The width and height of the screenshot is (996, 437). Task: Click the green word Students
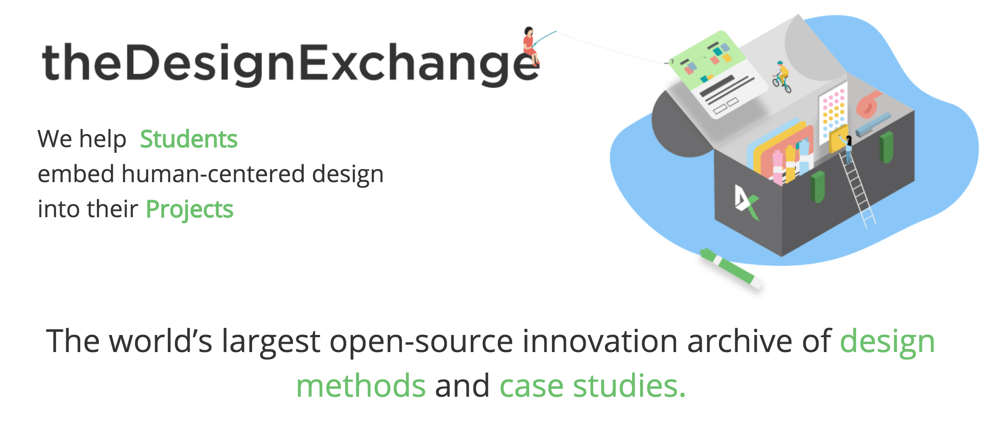click(189, 139)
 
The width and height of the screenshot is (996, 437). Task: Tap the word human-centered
click(213, 174)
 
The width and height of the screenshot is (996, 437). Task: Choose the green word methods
click(361, 385)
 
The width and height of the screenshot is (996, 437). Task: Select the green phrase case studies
click(592, 385)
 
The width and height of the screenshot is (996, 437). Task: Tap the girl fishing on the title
click(530, 46)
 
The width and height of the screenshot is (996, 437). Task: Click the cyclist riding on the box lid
click(782, 77)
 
